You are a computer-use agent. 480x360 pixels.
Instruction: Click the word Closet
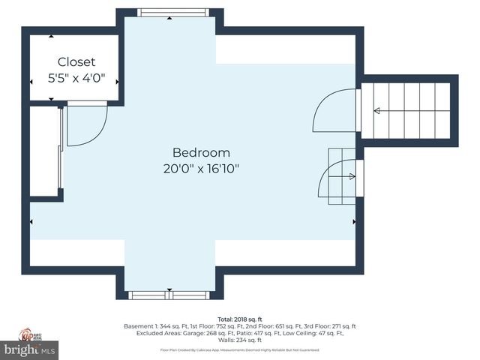coord(76,61)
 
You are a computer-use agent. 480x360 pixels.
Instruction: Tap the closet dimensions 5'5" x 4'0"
coord(76,76)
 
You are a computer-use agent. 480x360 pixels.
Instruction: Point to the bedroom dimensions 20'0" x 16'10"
coord(201,169)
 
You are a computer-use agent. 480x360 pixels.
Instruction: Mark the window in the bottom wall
coord(169,295)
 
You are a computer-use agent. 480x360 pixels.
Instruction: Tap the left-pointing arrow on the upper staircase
coord(377,111)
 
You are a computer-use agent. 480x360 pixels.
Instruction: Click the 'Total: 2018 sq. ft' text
coord(239,319)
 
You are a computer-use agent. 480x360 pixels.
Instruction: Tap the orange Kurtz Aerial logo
coord(28,334)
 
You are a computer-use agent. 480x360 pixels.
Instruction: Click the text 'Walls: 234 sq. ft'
coord(239,340)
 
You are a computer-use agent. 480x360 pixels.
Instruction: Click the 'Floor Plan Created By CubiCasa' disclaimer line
coord(239,349)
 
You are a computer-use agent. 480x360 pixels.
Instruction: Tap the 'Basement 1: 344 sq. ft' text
coord(152,326)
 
